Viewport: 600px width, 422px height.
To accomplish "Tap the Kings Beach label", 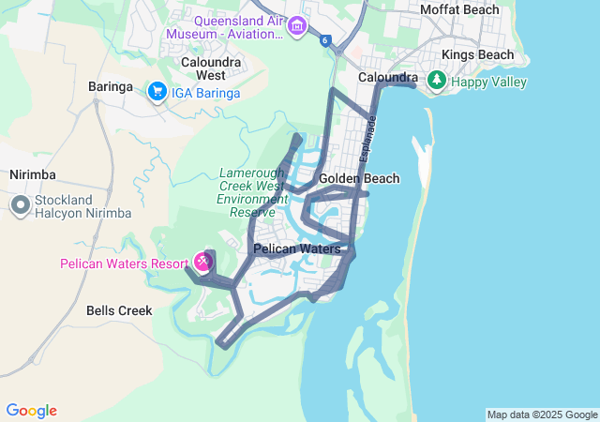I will pos(477,54).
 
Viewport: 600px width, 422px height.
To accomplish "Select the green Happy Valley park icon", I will pos(436,82).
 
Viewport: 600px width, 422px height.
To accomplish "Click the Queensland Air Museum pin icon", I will pos(298,24).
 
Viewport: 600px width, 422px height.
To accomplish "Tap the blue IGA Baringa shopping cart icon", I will pos(157,92).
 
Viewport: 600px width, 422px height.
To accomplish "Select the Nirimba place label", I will pos(33,174).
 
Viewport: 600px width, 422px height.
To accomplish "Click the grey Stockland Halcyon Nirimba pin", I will pos(21,205).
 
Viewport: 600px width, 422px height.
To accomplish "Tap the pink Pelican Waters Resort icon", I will pos(202,260).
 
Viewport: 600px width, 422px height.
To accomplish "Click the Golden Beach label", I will pos(359,178).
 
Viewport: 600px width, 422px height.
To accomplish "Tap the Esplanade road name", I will pos(369,139).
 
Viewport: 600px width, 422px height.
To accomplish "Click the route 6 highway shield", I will pos(324,40).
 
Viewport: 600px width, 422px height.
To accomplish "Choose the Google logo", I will pos(31,411).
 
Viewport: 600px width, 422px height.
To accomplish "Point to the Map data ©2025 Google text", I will pos(542,414).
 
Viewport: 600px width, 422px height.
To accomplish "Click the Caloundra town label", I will pos(388,77).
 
